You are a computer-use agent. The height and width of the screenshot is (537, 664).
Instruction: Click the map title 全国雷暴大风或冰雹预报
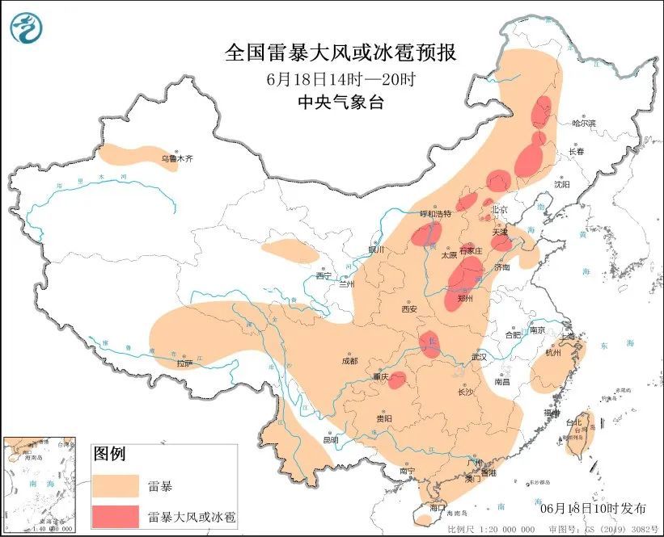coord(340,53)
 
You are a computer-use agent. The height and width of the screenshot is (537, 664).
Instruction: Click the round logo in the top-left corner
coord(27,28)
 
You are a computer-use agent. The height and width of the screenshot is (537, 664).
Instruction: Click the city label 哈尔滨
coord(583,124)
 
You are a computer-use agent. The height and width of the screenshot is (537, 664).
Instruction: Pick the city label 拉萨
coord(185,363)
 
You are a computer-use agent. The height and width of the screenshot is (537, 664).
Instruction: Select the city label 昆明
coord(331,440)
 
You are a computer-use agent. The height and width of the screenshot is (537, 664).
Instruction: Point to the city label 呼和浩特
coord(433,214)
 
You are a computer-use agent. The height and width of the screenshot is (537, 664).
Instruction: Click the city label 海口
coord(438,509)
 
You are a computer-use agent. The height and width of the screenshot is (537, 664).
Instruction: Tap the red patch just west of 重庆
coord(397,380)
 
